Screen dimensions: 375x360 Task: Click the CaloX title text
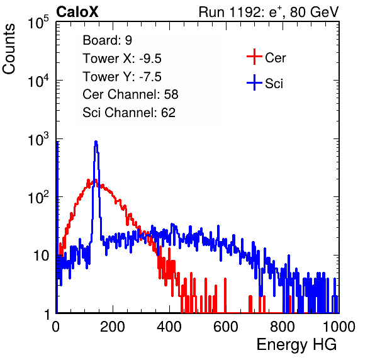click(x=77, y=12)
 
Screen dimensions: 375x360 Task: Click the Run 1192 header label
click(x=269, y=12)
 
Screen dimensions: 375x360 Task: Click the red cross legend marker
click(x=254, y=57)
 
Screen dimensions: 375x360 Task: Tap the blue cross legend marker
click(x=254, y=82)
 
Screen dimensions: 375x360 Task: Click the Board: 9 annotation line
click(x=107, y=40)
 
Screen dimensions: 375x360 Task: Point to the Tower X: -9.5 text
click(x=122, y=59)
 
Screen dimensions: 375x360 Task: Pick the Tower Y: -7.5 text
click(x=122, y=77)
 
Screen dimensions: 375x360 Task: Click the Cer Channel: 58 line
click(x=130, y=94)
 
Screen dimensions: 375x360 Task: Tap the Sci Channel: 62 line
click(x=129, y=113)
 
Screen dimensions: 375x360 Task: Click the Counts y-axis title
click(x=9, y=49)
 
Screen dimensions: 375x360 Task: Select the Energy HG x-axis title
click(x=296, y=345)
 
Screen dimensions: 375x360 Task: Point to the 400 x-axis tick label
click(x=169, y=327)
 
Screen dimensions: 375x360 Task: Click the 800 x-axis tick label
click(x=283, y=327)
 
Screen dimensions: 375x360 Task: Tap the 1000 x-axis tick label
click(x=339, y=327)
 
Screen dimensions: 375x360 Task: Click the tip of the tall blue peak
click(x=96, y=142)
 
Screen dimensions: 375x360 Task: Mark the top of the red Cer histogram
click(x=96, y=179)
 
